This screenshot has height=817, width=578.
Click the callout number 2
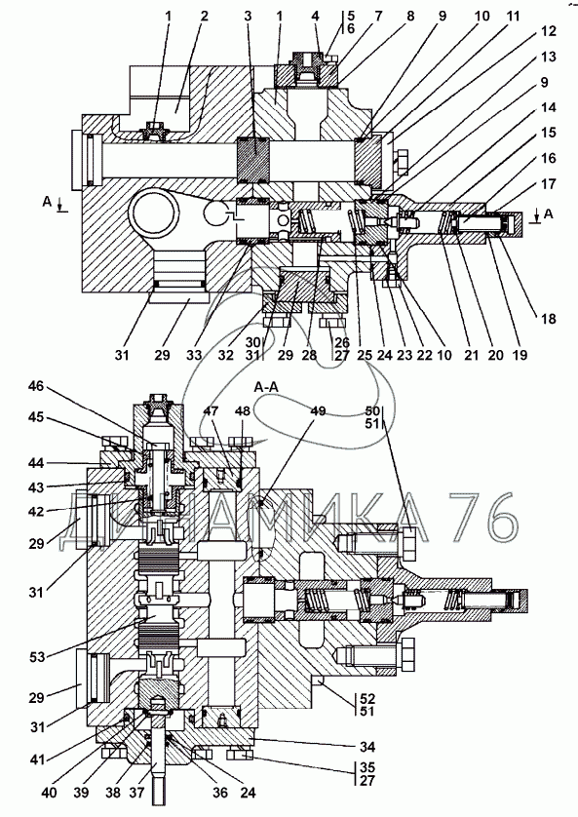[x=204, y=17]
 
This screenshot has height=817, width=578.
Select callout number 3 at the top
[x=248, y=17]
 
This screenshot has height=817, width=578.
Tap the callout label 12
[x=549, y=31]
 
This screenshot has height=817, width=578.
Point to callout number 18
[x=549, y=319]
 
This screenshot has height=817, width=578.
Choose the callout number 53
[x=36, y=656]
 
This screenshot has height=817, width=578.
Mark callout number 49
[x=318, y=411]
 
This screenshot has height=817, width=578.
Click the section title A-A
[x=266, y=387]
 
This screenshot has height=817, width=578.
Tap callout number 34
[x=367, y=747]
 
